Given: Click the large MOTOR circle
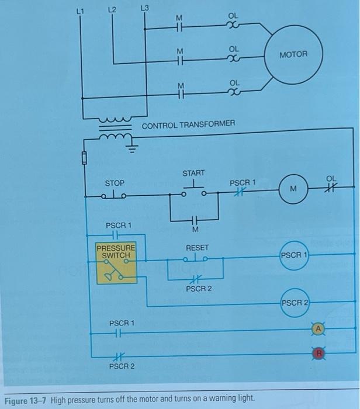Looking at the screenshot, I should pyautogui.click(x=292, y=55).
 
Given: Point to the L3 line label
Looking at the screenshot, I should pyautogui.click(x=145, y=8).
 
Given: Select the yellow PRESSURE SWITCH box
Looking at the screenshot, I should pyautogui.click(x=117, y=264).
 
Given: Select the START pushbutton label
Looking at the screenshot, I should pyautogui.click(x=193, y=173).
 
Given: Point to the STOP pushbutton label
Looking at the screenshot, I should pyautogui.click(x=115, y=183).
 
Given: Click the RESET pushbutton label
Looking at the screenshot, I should pyautogui.click(x=197, y=248).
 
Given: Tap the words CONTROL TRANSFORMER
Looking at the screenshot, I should pyautogui.click(x=188, y=124).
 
